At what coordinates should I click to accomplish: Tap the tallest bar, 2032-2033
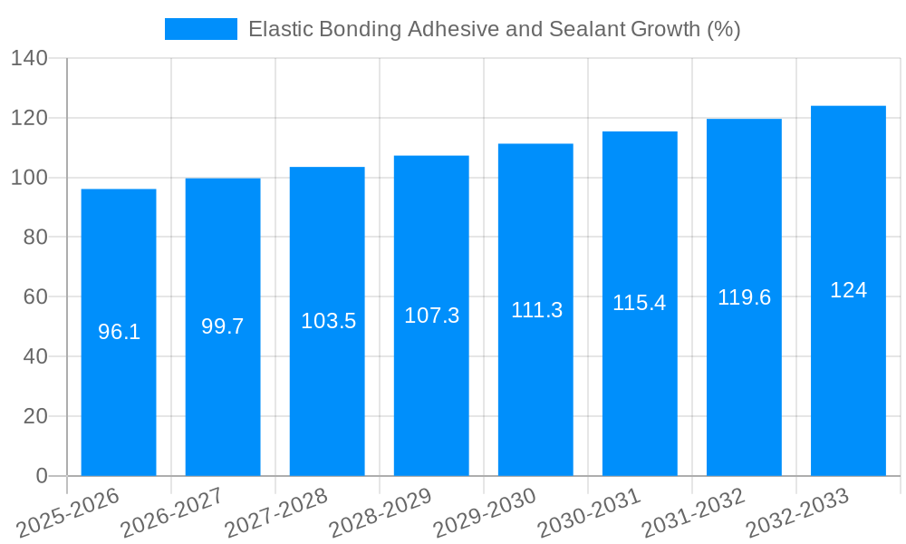[848, 381]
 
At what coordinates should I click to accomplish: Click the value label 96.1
[119, 332]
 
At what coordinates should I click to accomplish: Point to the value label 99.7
[223, 326]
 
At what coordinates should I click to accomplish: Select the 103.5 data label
[328, 321]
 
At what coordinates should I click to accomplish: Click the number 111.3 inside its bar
[536, 310]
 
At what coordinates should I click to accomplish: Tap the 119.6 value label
[744, 297]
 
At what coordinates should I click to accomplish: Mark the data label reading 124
[848, 290]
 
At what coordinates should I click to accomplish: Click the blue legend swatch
[200, 29]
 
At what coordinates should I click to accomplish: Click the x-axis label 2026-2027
[173, 513]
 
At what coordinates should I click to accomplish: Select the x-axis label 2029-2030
[486, 513]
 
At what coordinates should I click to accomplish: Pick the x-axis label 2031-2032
[694, 513]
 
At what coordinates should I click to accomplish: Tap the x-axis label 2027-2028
[277, 513]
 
